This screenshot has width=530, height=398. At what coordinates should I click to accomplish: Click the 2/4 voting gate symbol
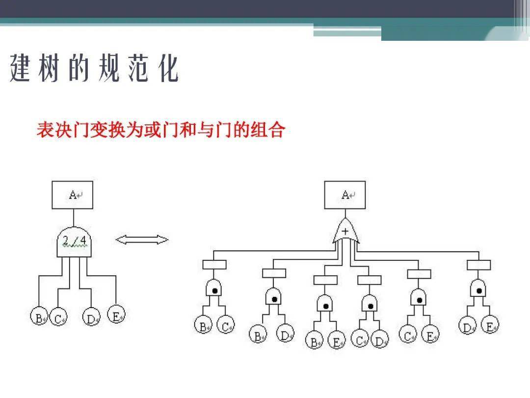tap(74, 242)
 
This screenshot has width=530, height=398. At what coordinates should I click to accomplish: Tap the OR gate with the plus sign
tap(345, 231)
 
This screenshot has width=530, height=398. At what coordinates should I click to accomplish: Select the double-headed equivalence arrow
tap(142, 240)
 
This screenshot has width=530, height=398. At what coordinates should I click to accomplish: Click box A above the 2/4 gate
tap(72, 195)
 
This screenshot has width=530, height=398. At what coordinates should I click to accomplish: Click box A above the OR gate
tap(345, 195)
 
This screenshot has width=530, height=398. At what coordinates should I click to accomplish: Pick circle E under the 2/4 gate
tap(116, 314)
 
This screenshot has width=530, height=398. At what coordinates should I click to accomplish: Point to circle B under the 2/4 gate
tap(39, 316)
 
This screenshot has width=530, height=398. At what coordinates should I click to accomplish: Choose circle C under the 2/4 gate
tap(58, 317)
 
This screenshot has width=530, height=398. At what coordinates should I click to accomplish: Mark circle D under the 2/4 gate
tap(91, 317)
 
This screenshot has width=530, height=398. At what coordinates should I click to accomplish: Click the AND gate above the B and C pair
tap(213, 288)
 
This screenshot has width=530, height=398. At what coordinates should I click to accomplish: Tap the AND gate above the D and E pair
tap(478, 288)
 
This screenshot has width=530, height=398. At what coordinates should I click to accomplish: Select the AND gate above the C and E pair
tap(419, 297)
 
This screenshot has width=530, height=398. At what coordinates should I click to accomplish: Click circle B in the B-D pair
tap(258, 334)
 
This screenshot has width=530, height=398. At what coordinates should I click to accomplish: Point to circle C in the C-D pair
tap(360, 339)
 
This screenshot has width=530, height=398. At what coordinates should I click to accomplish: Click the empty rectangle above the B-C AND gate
tap(214, 264)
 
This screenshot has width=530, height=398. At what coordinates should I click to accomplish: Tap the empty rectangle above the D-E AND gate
tap(478, 265)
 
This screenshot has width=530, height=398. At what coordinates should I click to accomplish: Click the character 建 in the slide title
tap(20, 68)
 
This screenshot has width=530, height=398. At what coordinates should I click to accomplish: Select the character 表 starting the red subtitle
tap(46, 130)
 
